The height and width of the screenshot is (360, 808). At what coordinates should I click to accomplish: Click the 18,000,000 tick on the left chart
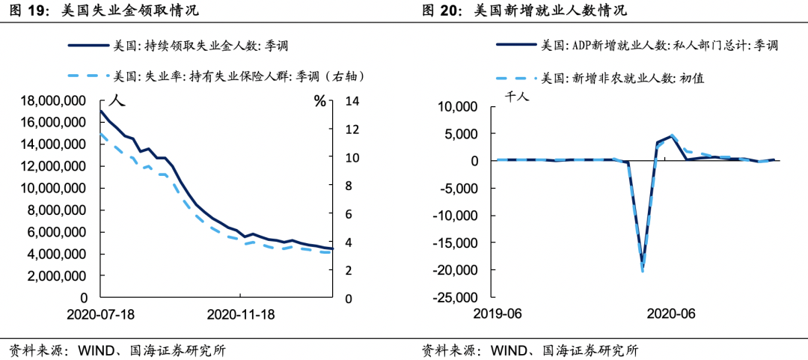[50, 101]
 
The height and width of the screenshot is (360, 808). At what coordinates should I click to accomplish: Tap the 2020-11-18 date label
[240, 314]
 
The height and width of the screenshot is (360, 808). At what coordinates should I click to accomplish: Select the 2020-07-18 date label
[101, 314]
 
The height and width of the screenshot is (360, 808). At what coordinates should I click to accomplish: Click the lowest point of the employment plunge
[643, 270]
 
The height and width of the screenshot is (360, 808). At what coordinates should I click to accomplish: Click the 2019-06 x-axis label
[498, 314]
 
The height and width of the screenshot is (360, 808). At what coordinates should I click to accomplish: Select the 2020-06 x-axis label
[670, 314]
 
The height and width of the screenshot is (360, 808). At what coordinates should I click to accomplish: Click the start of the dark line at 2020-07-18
[101, 111]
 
